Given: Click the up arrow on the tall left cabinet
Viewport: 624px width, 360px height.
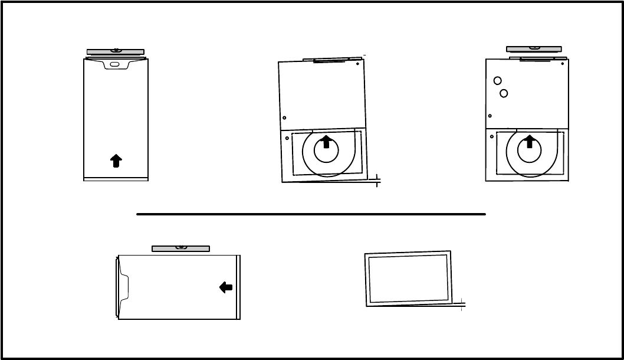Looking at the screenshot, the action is click(116, 161).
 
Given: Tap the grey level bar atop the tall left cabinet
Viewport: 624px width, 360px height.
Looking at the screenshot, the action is click(116, 52).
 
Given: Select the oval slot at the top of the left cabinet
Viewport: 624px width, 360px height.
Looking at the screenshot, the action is click(115, 64).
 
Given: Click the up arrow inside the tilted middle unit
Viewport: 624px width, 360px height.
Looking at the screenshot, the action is click(326, 142).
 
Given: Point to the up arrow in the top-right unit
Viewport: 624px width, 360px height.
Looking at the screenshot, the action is click(529, 141).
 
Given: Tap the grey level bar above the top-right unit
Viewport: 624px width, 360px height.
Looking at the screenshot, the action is click(534, 48).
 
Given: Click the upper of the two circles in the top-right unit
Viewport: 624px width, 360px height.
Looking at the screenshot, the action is click(498, 81).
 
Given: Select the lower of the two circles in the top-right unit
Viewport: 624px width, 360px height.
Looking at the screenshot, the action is click(504, 93).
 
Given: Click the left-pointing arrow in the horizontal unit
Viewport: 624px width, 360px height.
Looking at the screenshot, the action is click(226, 287).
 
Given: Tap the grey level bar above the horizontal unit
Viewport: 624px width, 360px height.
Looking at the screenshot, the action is click(180, 248).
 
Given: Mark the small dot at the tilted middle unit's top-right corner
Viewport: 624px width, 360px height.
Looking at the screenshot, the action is click(358, 64).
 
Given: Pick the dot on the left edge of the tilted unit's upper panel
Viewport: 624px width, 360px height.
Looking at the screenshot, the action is click(284, 117).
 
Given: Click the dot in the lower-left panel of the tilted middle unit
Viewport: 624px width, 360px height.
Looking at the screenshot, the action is click(287, 138).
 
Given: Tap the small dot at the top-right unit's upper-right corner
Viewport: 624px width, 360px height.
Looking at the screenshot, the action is click(563, 64).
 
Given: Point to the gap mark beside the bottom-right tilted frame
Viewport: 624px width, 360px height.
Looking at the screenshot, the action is click(461, 304).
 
